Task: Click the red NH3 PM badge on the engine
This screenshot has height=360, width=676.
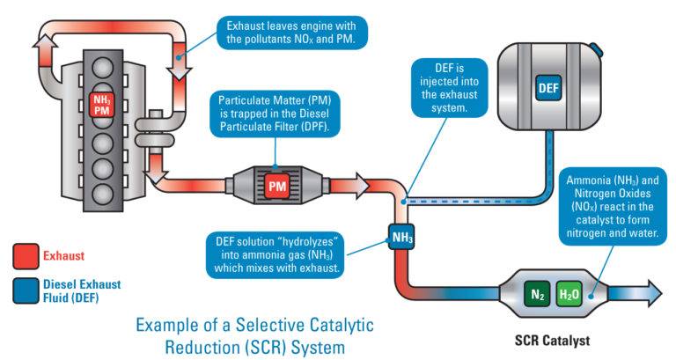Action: pyautogui.click(x=104, y=105)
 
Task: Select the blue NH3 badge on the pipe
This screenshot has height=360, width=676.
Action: pyautogui.click(x=401, y=236)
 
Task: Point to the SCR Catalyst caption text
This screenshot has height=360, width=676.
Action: pyautogui.click(x=551, y=339)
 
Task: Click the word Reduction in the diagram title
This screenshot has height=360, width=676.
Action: pyautogui.click(x=174, y=345)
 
